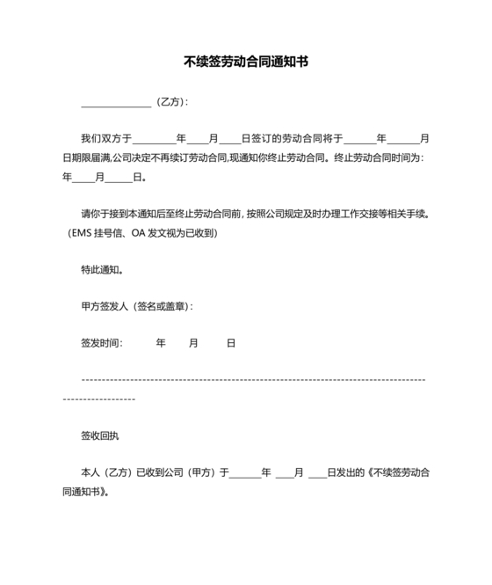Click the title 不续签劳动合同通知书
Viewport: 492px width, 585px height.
pos(246,62)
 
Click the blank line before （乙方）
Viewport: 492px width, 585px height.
pos(115,102)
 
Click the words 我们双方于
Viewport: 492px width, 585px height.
pos(106,138)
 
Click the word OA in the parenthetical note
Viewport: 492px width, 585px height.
pos(139,233)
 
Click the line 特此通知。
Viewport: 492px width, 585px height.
pos(102,270)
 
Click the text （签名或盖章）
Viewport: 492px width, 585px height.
pos(161,306)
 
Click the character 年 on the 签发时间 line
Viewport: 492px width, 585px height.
pos(161,343)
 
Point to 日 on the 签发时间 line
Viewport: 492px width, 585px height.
pos(231,343)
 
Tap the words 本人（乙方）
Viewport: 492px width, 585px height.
pos(106,472)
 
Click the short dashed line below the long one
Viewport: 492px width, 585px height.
pos(99,399)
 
